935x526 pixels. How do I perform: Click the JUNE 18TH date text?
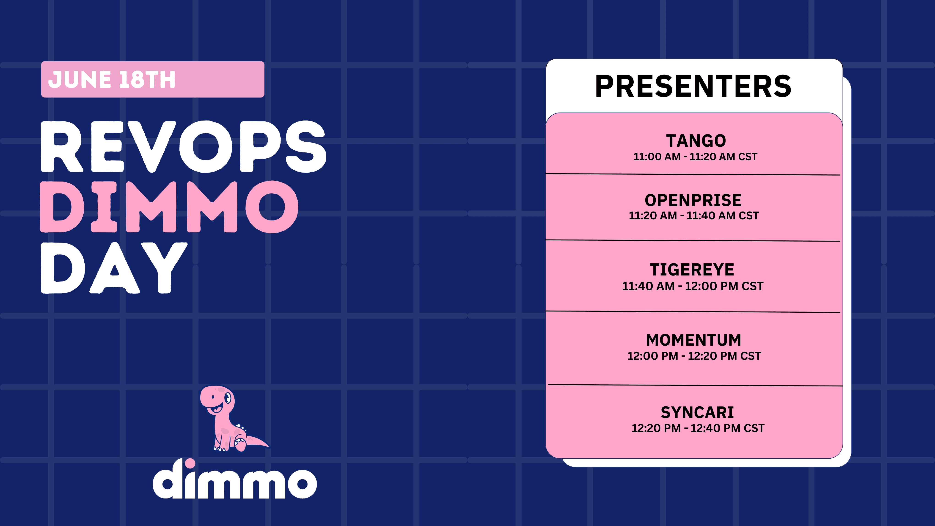tap(112, 80)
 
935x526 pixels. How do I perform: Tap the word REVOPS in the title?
tap(184, 147)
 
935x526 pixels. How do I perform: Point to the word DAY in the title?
tap(114, 268)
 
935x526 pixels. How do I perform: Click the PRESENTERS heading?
tap(693, 86)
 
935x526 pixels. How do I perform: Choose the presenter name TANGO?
tap(696, 141)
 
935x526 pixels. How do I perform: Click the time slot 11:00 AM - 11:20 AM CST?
tap(696, 157)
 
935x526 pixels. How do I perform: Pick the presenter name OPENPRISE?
tap(693, 200)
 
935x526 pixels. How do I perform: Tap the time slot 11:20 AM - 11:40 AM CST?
tap(694, 216)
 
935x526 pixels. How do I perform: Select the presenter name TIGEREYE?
tap(692, 270)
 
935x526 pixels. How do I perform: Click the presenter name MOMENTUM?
tap(694, 340)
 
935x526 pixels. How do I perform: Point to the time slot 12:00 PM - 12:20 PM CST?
tap(694, 356)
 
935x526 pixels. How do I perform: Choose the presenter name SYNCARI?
tap(697, 412)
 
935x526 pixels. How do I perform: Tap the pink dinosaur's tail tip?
tap(269, 446)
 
